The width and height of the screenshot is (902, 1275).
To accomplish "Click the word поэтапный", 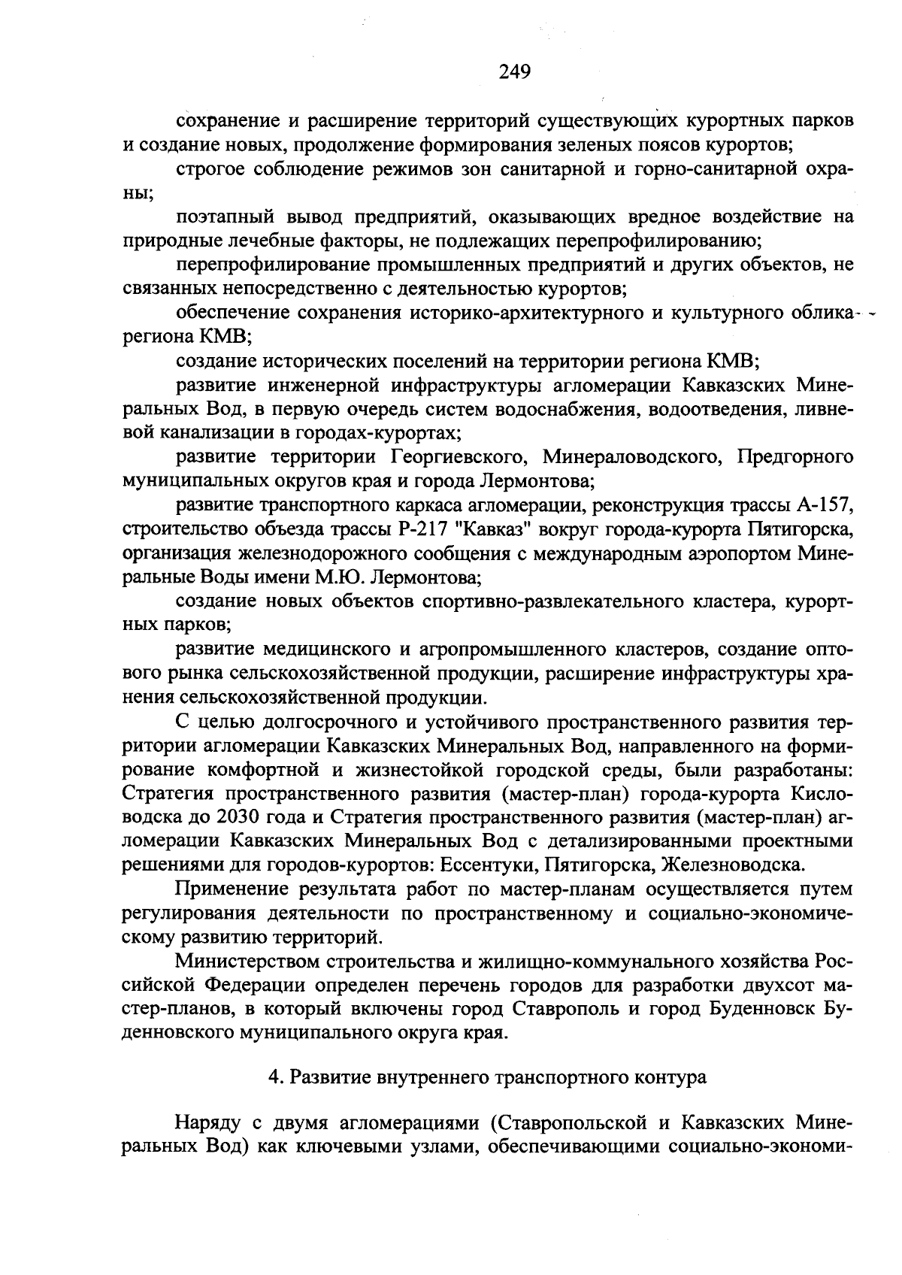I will tap(222, 217).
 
